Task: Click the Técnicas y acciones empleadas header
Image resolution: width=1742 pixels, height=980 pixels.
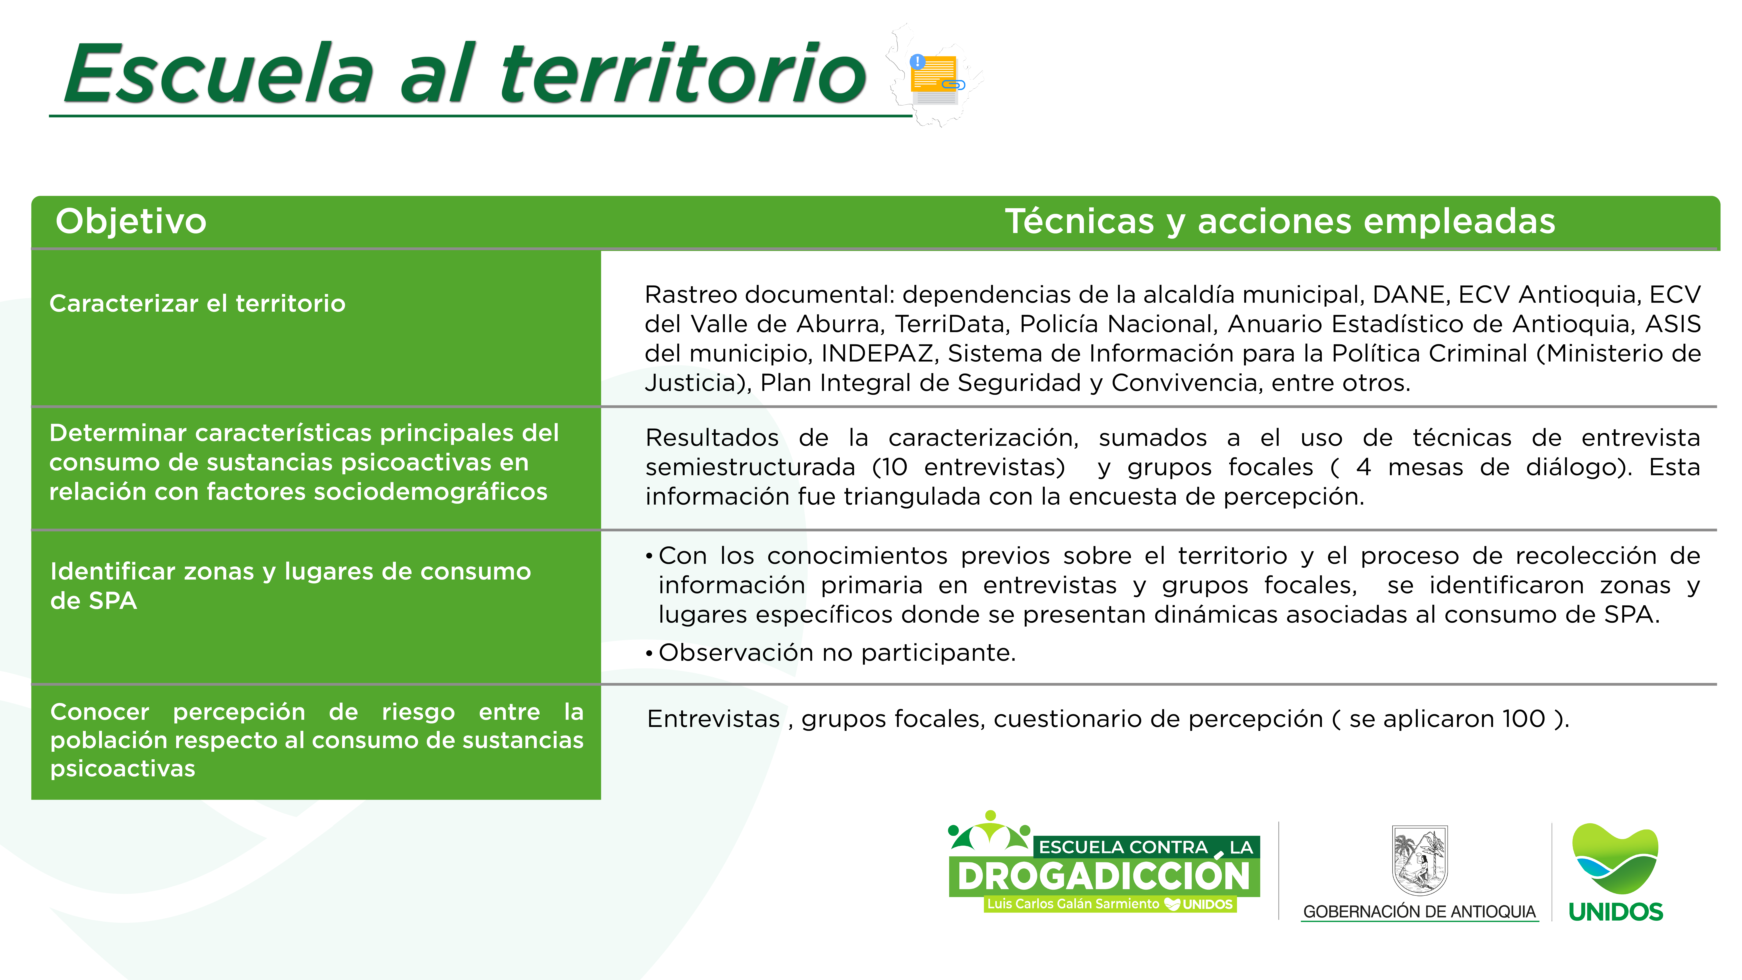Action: (1280, 221)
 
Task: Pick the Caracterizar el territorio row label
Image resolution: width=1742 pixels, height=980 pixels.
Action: (197, 304)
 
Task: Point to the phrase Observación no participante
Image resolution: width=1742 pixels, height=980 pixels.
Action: (837, 653)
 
